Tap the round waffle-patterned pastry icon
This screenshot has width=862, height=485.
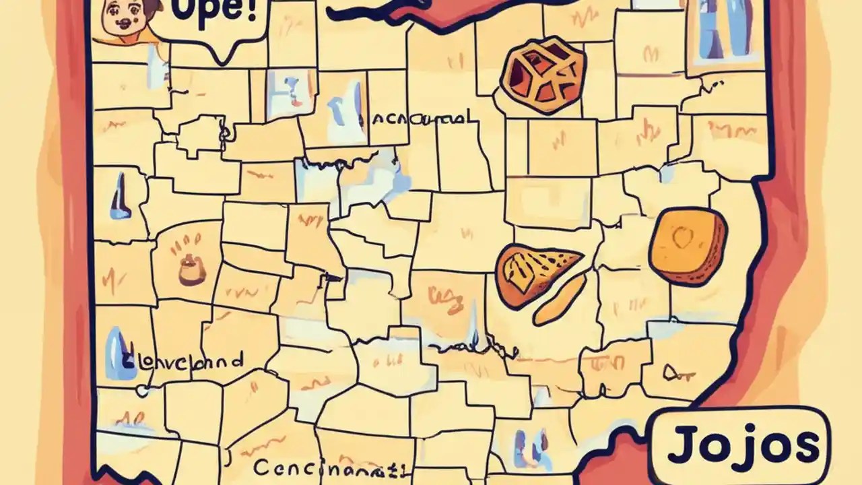coord(542,74)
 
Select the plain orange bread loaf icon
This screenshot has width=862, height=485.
coord(687,246)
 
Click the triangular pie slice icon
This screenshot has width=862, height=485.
coord(535,273)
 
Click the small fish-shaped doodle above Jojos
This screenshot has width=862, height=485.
coord(669,373)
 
